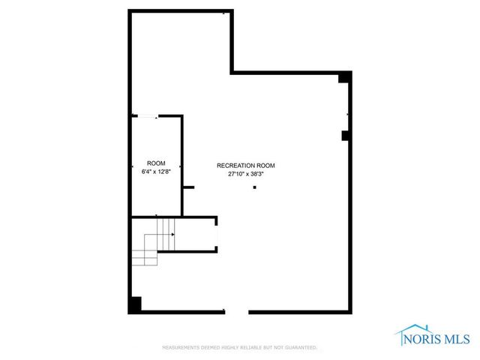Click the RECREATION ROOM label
coord(246,165)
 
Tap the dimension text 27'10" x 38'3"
coord(246,173)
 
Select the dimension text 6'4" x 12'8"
coord(156,172)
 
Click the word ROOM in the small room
coord(156,163)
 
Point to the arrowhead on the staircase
coord(173,235)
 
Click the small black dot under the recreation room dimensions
coord(254,187)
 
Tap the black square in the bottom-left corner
coord(135,305)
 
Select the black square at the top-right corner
coord(344,77)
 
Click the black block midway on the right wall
coord(346,136)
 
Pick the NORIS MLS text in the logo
coord(437,338)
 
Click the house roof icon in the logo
coord(415,330)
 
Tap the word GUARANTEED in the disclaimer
coord(300,348)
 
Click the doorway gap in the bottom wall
coord(237,312)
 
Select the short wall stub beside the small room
coord(189,187)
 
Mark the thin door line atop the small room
coord(145,115)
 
